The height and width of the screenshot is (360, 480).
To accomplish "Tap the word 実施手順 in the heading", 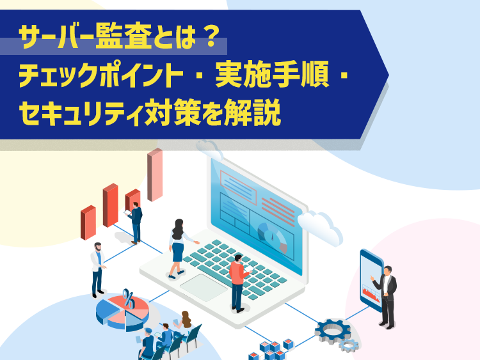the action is pos(272,74).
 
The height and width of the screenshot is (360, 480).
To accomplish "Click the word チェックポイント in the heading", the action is pos(101,74).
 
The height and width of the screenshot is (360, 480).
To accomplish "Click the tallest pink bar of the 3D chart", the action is pos(155,175).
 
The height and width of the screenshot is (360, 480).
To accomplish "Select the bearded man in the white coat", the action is pos(98,270).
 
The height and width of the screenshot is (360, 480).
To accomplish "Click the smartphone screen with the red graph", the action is pos(371,281).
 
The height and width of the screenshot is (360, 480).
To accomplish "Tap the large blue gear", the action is pos(332,331).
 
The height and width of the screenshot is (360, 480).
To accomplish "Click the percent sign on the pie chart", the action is pos(129,299).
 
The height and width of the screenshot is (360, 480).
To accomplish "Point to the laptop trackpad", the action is pos(204,288).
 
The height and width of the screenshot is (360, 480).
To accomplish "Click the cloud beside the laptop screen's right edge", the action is pos(320,227).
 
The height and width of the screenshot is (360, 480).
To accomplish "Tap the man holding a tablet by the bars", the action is pos(135,223).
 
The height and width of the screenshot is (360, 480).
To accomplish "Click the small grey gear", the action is pos(349,345).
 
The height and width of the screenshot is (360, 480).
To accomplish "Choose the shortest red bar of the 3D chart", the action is pos(88,223).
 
